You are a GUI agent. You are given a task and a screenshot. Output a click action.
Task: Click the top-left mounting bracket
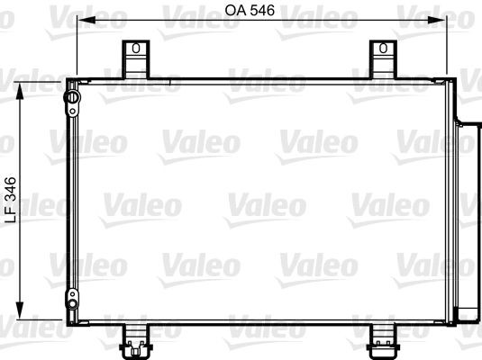click(x=134, y=58)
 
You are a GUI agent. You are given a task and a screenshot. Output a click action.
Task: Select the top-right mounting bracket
click(x=384, y=58)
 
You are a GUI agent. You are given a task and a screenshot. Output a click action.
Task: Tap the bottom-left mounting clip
click(x=134, y=337)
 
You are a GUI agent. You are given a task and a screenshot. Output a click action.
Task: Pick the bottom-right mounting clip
click(x=384, y=337)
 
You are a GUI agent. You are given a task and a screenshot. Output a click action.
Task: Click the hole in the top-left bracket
click(x=134, y=48)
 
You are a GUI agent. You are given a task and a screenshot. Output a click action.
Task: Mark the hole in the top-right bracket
click(x=384, y=48)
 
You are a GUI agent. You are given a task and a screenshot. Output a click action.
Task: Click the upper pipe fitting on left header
click(x=70, y=97)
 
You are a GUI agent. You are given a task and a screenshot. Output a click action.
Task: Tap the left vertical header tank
click(x=70, y=198)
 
